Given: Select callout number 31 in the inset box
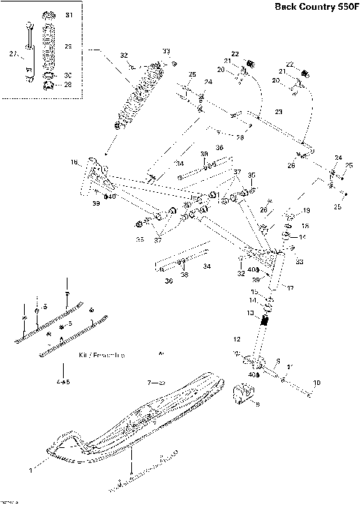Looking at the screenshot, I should pos(69,16).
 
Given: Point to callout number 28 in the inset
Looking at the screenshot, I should pos(68,85).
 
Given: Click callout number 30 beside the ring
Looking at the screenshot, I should pos(68,76).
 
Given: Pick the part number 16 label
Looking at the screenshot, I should pos(74,162).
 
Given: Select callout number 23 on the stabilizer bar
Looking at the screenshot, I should pos(278,112).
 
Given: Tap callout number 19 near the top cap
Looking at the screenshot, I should pos(306,211).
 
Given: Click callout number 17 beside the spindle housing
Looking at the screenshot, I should pos(290,287).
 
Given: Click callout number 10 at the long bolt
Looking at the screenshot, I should pos(316,383).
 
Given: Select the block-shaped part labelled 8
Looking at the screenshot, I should pos(247,394).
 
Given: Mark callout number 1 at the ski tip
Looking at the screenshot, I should pos(30,470).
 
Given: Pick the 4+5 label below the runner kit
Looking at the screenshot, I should pos(63,382).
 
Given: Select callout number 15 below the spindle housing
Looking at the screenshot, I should pos(253,291).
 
